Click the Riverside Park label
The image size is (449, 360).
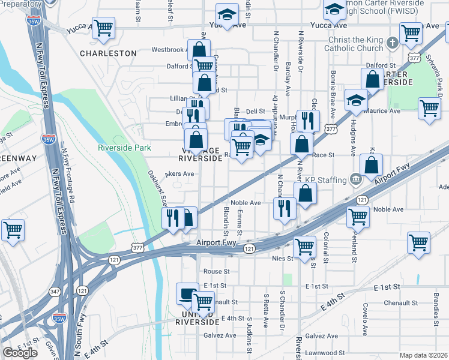[124, 147]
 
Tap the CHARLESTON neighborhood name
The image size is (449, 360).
[109, 53]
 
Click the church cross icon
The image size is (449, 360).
[392, 43]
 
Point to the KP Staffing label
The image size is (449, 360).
[327, 179]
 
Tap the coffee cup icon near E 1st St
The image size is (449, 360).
[187, 293]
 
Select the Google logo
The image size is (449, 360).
[20, 352]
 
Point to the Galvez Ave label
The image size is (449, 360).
[322, 336]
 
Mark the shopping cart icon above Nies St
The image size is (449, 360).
[304, 245]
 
